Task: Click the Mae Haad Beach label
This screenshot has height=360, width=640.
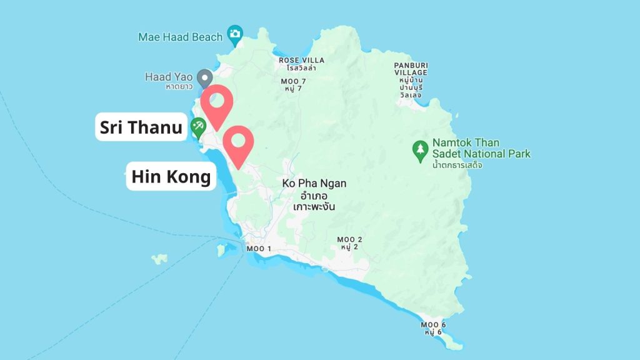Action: point(180,37)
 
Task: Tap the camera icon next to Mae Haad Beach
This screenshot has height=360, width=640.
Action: point(235,34)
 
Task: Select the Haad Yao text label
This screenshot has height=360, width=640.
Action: point(168,77)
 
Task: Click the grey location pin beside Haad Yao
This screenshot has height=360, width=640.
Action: point(204,78)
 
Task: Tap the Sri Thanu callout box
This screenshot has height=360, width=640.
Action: point(141,127)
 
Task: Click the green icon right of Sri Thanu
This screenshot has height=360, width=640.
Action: point(199,127)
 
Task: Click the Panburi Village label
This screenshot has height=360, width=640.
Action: point(410,69)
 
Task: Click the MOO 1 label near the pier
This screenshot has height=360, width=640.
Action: point(259,249)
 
